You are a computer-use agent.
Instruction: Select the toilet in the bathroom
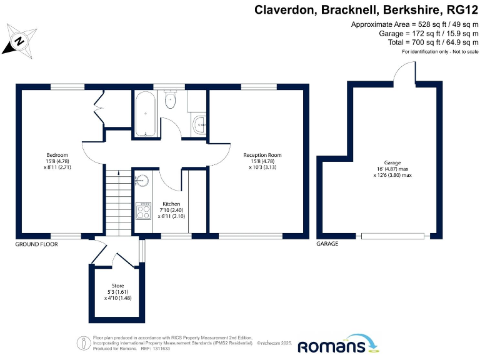[x=170, y=100]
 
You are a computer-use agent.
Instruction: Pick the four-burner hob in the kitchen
[x=143, y=211]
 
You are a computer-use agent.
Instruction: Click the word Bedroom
[x=57, y=155]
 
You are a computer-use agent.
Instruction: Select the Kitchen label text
[x=171, y=204]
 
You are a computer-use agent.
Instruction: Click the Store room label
[x=117, y=286]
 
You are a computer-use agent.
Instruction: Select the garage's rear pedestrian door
[x=404, y=74]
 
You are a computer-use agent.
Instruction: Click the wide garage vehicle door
[x=393, y=236]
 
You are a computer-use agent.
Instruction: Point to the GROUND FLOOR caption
[x=36, y=244]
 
